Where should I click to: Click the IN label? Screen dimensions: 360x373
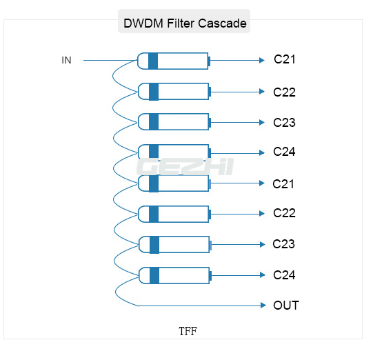[66, 60]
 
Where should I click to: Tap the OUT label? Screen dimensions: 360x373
[286, 305]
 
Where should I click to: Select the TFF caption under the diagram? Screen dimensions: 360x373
[188, 331]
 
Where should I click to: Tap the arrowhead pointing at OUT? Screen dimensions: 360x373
[262, 305]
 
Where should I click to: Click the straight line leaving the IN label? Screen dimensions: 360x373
[110, 60]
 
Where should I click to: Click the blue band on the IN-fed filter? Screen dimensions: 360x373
[153, 61]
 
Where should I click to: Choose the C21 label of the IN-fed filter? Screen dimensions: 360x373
[284, 59]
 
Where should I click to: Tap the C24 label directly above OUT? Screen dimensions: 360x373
[284, 274]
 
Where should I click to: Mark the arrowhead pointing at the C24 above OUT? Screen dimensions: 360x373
[262, 275]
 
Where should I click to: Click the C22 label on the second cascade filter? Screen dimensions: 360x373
[284, 92]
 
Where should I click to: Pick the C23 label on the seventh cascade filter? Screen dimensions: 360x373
[284, 243]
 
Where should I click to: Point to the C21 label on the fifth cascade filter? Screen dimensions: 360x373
[284, 183]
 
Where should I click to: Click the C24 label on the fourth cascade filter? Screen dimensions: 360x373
[284, 152]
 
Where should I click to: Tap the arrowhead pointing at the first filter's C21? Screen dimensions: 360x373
[262, 60]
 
